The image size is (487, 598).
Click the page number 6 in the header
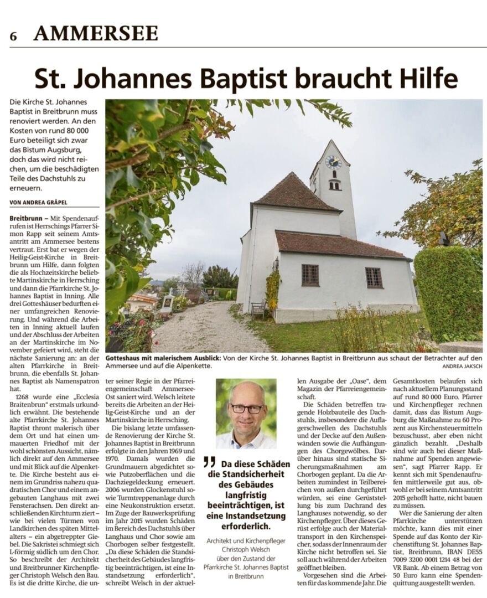click(x=13, y=36)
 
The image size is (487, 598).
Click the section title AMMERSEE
click(x=96, y=34)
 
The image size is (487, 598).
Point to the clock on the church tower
click(x=333, y=162)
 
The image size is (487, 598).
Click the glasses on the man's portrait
click(x=247, y=409)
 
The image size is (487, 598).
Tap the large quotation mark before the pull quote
click(x=209, y=461)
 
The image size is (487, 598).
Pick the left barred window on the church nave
click(x=310, y=275)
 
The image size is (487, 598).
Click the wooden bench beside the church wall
click(x=259, y=310)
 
